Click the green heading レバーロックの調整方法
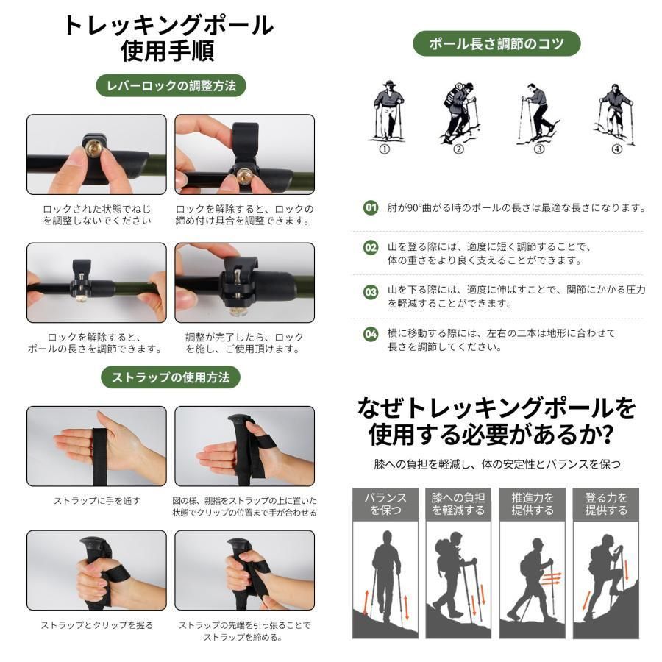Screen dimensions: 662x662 [171, 86]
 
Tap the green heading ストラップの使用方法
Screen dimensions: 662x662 [171, 377]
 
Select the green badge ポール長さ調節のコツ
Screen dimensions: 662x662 [496, 43]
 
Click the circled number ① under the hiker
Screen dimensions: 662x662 [384, 149]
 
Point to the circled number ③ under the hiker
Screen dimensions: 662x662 [539, 149]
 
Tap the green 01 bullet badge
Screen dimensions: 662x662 [371, 207]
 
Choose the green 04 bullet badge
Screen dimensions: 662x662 [371, 333]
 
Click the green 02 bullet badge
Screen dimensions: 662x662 [371, 247]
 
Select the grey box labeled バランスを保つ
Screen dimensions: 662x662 [385, 504]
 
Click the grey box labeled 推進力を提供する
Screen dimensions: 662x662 [533, 504]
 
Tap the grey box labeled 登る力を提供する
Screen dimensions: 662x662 [606, 504]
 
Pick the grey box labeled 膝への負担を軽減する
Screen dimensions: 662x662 [458, 504]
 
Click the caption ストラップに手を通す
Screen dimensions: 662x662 [96, 501]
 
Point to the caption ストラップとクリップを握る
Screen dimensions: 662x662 [96, 624]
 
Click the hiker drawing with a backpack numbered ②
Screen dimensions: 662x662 [460, 113]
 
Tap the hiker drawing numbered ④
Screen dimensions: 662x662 [616, 113]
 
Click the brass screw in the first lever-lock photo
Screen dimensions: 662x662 [93, 146]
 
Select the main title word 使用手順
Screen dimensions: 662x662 [168, 51]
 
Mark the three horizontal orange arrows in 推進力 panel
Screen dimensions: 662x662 [551, 578]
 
